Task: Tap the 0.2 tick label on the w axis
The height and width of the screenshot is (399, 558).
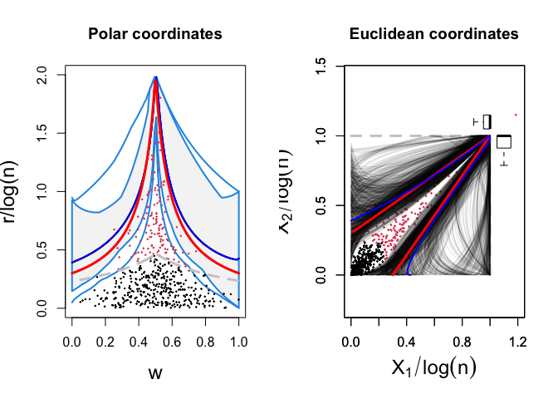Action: tap(105, 341)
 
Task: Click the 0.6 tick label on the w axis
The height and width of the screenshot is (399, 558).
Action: tap(172, 341)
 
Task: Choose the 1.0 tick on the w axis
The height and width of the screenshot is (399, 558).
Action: tap(239, 341)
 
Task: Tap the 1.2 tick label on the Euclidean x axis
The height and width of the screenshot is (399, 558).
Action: tap(518, 341)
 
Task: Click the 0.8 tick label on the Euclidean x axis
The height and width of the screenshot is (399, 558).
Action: tap(463, 341)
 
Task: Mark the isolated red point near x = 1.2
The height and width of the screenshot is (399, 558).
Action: tap(516, 115)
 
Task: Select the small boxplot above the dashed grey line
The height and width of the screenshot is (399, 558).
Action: tap(486, 121)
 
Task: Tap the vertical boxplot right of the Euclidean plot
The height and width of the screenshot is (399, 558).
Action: tap(504, 143)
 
